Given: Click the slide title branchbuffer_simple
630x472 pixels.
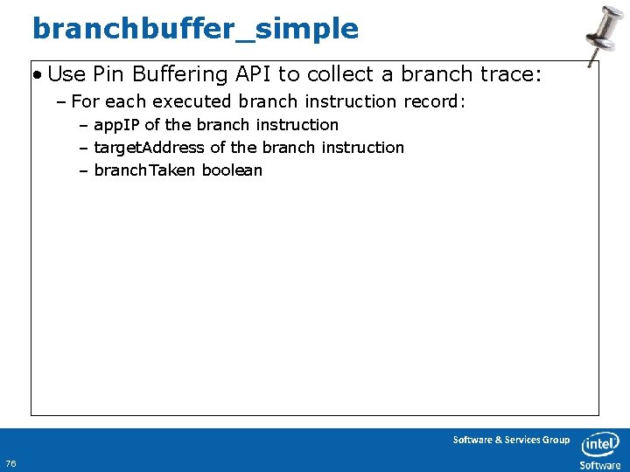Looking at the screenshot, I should [x=195, y=29].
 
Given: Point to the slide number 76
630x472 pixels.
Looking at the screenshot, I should [x=10, y=462].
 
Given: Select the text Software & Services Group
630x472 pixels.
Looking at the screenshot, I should [x=511, y=440].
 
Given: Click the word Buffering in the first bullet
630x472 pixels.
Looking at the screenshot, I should [x=172, y=75].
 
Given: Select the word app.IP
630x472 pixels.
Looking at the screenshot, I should [x=116, y=125].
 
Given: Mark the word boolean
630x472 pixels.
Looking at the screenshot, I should [x=232, y=170].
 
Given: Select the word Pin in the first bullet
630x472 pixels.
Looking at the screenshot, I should [x=108, y=75].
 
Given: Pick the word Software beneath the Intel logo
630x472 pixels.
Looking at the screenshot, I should [x=600, y=465].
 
